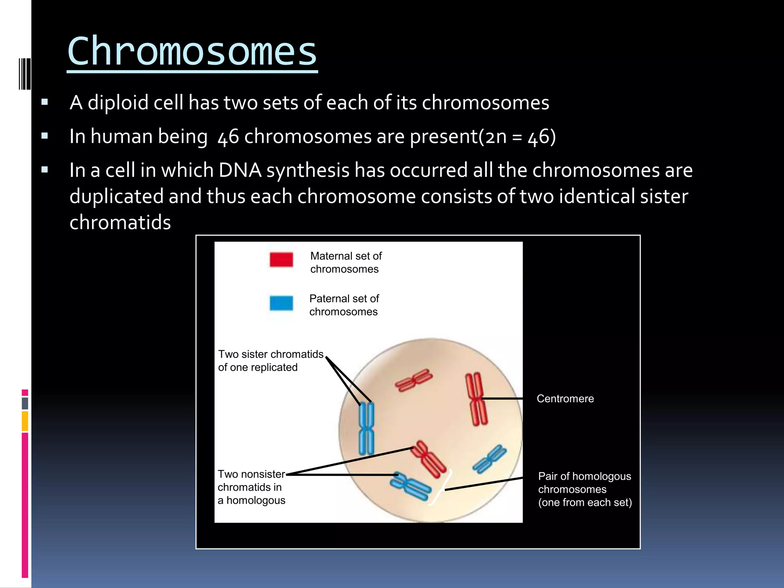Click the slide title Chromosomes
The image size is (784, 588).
pyautogui.click(x=192, y=51)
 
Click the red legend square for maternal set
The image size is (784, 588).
pyautogui.click(x=281, y=260)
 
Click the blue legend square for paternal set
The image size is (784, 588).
pyautogui.click(x=281, y=303)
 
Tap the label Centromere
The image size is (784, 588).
pyautogui.click(x=565, y=399)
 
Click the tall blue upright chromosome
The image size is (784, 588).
pyautogui.click(x=366, y=428)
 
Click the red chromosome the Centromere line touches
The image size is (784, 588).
pyautogui.click(x=476, y=399)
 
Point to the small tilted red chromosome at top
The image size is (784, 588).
pyautogui.click(x=413, y=380)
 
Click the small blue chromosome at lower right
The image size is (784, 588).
pyautogui.click(x=490, y=459)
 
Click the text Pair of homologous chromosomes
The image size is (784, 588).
pyautogui.click(x=585, y=489)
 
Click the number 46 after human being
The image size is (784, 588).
pyautogui.click(x=228, y=137)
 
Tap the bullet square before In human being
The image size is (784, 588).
pyautogui.click(x=45, y=136)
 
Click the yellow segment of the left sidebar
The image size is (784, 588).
pyautogui.click(x=25, y=421)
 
